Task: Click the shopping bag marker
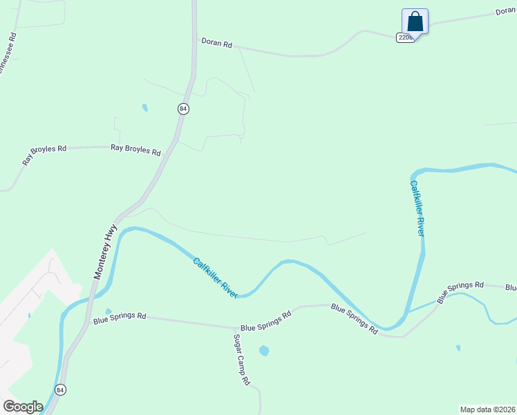(415, 20)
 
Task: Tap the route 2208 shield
(405, 37)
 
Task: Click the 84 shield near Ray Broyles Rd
(182, 109)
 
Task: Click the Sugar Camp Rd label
(241, 360)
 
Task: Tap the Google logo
(23, 407)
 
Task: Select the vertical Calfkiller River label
(417, 208)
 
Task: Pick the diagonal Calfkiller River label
(216, 277)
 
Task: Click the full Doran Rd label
(216, 43)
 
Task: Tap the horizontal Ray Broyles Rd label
(135, 149)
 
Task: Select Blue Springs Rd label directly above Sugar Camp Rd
(266, 313)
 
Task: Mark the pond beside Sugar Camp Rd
(264, 351)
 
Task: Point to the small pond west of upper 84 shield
(144, 107)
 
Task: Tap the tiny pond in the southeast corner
(458, 348)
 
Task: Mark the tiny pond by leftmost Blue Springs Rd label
(108, 311)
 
